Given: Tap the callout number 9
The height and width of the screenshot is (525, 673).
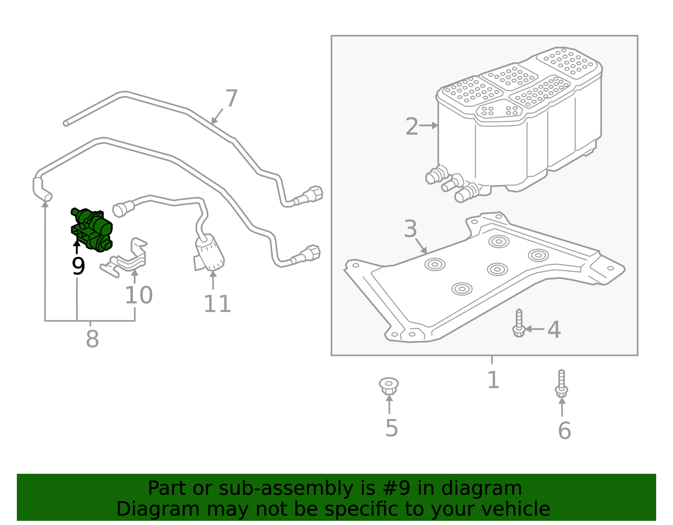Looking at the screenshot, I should [x=78, y=266].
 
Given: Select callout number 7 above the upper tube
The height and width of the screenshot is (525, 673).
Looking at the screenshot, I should [x=231, y=99].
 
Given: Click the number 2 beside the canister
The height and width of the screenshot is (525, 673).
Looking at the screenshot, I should [x=412, y=127].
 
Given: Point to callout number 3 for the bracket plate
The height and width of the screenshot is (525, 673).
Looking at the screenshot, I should [x=410, y=229].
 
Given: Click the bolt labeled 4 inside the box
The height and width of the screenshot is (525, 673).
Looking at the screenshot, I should [x=519, y=324].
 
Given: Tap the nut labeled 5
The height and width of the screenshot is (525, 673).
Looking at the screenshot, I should [x=389, y=386].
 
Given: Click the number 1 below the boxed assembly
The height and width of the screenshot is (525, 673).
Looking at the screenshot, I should [x=493, y=380].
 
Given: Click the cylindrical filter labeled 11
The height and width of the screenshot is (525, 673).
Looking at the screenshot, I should [x=210, y=253].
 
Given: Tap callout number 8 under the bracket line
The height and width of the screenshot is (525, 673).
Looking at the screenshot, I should [x=92, y=339].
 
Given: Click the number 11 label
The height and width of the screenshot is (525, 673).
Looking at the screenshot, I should [x=217, y=304].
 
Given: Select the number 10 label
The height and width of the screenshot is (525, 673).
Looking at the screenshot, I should [x=138, y=295].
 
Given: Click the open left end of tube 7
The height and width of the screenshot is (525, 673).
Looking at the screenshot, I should [x=66, y=123].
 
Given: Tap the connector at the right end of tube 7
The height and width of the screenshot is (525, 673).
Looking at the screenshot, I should [x=313, y=194].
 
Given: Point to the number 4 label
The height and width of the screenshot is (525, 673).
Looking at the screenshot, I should [x=554, y=330].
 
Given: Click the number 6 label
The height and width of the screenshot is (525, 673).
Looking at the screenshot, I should [x=564, y=430].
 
